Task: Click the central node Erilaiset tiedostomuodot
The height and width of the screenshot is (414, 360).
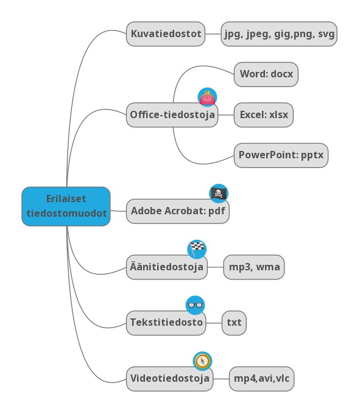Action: pos(66,206)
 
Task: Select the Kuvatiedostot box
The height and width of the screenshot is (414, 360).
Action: pos(166,34)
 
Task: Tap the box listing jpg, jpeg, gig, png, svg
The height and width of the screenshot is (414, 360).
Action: pos(279,34)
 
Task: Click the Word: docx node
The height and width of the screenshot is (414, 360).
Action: pos(266,74)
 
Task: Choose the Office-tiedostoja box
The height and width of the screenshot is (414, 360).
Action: pos(172,115)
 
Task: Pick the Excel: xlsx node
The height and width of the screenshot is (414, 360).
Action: pos(264,115)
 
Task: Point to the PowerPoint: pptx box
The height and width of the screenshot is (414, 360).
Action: pos(281,155)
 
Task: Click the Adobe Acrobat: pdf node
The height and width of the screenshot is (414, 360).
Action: pos(178,211)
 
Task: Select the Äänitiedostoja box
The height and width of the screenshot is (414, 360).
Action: pos(167,267)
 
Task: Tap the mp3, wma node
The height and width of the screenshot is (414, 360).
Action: pos(254,267)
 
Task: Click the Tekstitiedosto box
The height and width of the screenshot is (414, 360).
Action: pos(166,323)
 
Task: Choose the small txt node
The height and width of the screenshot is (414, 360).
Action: pos(234,323)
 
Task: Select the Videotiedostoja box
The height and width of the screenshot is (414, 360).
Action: pos(169,379)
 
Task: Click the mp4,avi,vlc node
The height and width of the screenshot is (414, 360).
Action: pos(261,379)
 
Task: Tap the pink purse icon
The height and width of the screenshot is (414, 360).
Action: pos(207,97)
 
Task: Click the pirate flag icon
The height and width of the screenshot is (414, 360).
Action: pos(219,194)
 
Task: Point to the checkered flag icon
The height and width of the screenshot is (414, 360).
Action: pos(197,249)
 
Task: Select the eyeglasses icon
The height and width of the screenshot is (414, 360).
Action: pos(195,305)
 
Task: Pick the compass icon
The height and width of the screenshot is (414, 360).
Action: pos(203,361)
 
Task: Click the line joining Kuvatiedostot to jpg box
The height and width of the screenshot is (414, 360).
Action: pos(213,34)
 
